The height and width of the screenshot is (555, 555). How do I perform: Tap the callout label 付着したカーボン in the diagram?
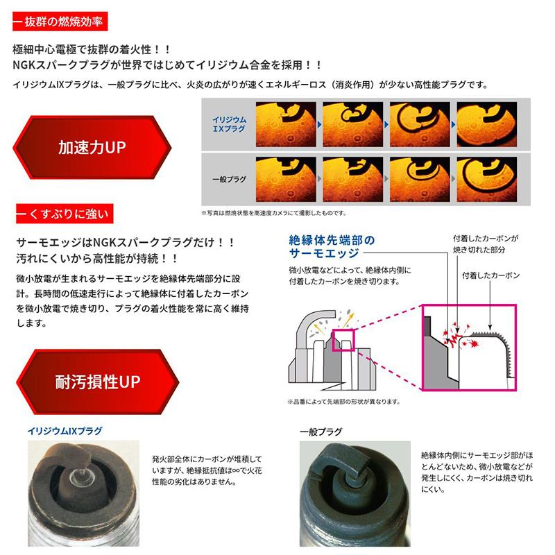click(489, 275)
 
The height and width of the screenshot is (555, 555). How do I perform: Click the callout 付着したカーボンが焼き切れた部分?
click(485, 243)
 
